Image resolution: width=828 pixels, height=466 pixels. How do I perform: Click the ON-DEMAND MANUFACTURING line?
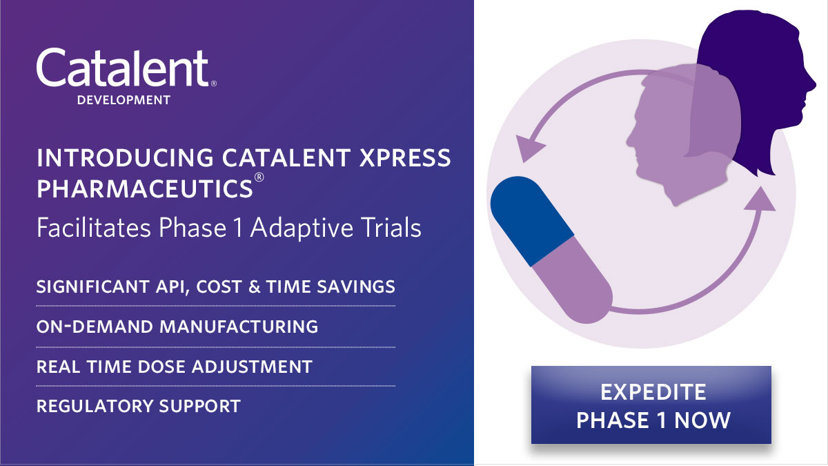[177, 326]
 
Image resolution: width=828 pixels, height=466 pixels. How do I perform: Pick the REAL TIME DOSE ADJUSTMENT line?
[174, 366]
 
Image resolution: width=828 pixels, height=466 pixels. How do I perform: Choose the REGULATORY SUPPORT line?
[138, 406]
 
